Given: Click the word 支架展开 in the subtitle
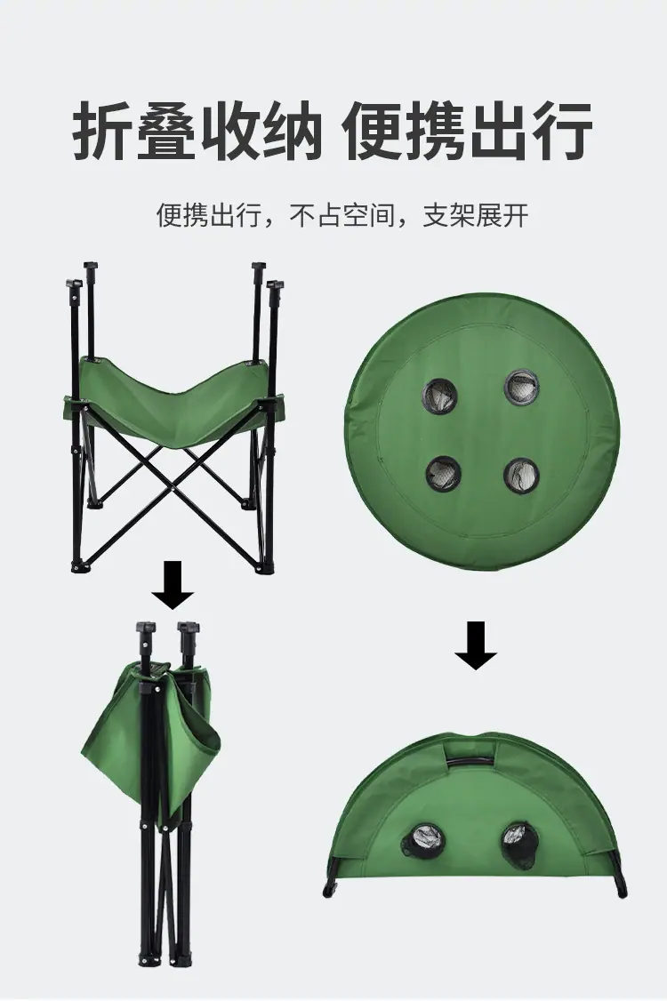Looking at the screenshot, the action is click(x=476, y=215).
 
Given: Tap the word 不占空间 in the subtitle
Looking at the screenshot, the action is click(x=343, y=215).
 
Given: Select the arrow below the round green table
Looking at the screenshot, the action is click(x=476, y=645).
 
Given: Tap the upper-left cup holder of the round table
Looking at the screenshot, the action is click(x=439, y=396).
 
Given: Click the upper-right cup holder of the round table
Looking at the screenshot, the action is click(x=521, y=387).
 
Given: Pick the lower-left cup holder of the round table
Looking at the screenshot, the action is click(x=444, y=473).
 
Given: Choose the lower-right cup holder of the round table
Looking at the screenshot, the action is click(x=521, y=476).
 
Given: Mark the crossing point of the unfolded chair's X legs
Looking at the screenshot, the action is click(x=172, y=476).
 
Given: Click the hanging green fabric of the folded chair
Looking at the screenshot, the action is click(x=150, y=734).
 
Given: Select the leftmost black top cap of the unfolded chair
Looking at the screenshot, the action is click(x=74, y=284).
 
